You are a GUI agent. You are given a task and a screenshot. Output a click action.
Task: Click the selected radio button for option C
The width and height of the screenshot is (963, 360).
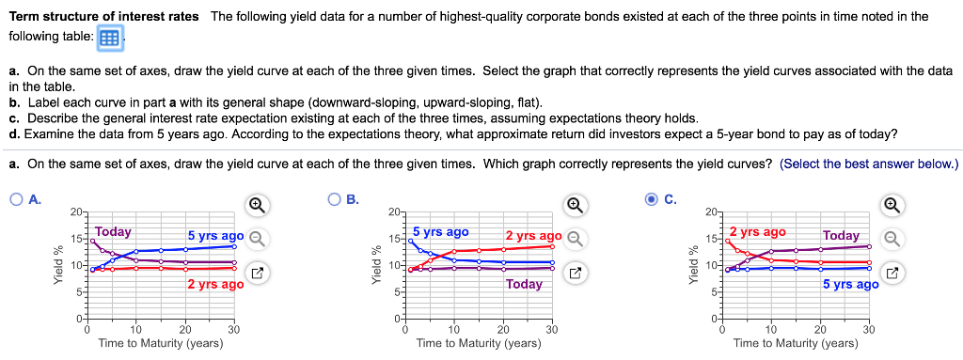pos(651,199)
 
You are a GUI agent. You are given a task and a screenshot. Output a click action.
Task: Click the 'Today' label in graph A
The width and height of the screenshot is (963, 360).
pos(113,231)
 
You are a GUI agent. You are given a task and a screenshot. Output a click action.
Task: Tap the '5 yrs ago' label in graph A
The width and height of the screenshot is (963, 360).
pos(215,235)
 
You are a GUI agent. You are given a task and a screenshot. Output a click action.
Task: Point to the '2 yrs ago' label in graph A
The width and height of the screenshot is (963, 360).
pos(215,284)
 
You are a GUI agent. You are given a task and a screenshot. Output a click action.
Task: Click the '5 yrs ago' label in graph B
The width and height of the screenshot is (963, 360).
pos(440,231)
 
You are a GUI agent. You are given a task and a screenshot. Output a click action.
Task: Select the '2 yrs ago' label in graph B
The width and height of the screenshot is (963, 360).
pos(533,235)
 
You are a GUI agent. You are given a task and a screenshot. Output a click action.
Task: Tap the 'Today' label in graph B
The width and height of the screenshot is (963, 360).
pos(524,284)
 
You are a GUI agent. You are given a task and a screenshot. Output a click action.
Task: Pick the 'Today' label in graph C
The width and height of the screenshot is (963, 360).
pos(841,235)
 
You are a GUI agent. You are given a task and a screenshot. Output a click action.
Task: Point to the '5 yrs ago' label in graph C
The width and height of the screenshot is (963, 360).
pos(850,284)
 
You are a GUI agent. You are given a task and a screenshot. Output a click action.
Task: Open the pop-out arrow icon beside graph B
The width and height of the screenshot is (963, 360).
pos(576,274)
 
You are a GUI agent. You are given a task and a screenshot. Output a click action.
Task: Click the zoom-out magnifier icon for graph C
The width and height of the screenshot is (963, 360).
pos(893,238)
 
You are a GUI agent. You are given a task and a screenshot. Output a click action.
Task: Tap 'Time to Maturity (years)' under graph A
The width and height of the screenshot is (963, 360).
pos(161,343)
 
